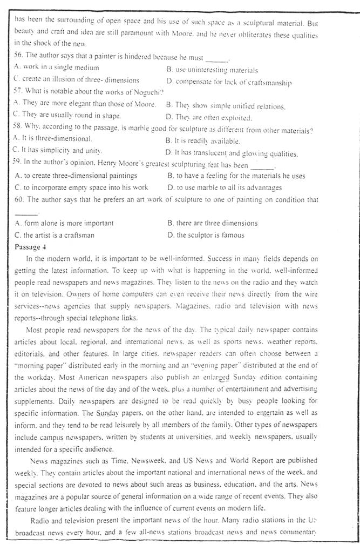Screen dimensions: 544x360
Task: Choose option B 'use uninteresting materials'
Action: pos(212,70)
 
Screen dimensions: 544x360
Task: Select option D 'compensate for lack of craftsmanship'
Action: pos(229,82)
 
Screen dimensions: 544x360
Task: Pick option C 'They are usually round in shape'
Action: pos(67,116)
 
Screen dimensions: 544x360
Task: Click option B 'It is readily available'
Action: pos(203,141)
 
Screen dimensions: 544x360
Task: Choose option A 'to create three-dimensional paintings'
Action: pos(76,176)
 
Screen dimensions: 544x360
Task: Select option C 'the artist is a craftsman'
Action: pos(55,235)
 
